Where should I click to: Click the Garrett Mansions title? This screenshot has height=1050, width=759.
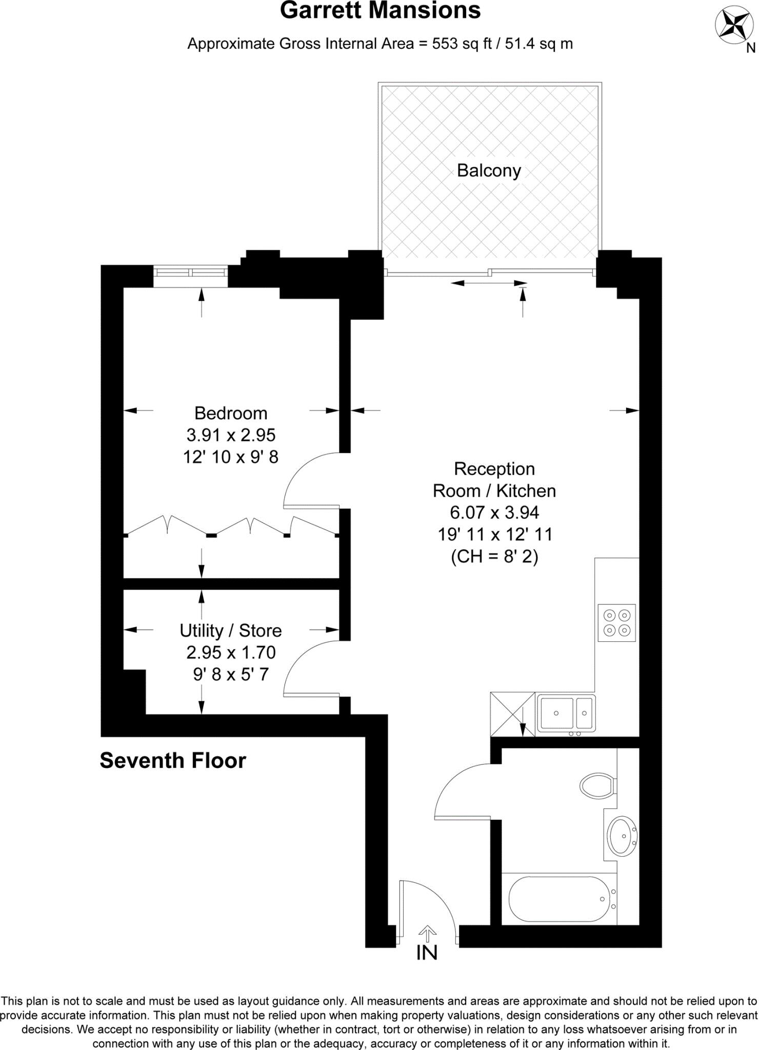[380, 11]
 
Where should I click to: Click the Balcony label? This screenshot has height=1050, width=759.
[489, 170]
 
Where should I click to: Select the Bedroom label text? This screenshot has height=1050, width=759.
[231, 413]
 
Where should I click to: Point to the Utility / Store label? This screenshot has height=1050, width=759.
[231, 631]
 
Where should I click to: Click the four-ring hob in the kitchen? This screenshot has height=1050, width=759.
[616, 622]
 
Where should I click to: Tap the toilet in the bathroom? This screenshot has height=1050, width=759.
[598, 785]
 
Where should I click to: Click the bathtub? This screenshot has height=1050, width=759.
[559, 899]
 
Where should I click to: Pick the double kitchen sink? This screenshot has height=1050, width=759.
[566, 713]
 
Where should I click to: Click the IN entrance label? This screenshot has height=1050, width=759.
[427, 953]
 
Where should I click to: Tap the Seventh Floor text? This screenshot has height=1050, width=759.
[173, 761]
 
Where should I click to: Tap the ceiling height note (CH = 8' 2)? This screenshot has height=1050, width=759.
[494, 556]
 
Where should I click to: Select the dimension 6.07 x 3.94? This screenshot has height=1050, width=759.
[494, 512]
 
